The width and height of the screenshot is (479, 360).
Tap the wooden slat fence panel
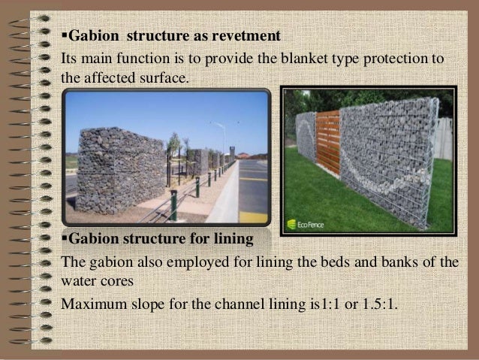(327, 143)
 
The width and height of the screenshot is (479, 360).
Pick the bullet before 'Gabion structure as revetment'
(63, 36)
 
